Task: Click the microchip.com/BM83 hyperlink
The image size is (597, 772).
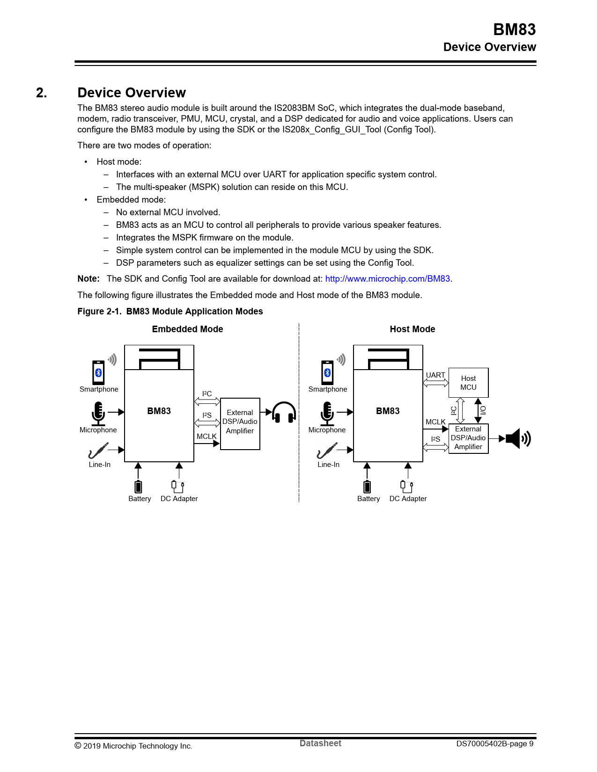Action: click(x=387, y=279)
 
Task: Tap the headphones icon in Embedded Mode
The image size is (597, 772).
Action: click(x=284, y=412)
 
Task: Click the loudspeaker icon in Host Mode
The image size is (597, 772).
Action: click(x=518, y=439)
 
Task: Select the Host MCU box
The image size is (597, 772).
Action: click(x=468, y=383)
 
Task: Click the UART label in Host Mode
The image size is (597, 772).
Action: click(x=435, y=375)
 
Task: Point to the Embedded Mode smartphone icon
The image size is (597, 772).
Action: click(x=98, y=372)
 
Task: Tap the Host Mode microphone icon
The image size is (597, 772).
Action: click(x=327, y=413)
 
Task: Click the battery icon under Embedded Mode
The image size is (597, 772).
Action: click(x=138, y=487)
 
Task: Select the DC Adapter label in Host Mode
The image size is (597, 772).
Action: click(x=408, y=499)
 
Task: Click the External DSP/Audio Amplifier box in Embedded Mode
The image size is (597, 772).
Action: click(x=240, y=423)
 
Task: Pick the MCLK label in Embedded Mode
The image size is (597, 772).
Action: click(x=206, y=437)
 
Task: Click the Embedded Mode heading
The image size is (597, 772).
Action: click(x=187, y=329)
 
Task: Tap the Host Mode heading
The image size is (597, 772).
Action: click(x=412, y=329)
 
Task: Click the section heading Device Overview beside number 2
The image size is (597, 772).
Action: click(x=132, y=93)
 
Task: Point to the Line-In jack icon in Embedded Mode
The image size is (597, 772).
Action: click(x=98, y=451)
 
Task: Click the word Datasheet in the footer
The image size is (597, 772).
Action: click(x=320, y=743)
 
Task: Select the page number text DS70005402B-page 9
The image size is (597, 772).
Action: click(x=494, y=744)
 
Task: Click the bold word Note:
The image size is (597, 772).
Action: click(x=88, y=279)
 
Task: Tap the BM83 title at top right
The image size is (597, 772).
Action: click(x=514, y=29)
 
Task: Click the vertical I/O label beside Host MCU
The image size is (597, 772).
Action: click(x=484, y=410)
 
